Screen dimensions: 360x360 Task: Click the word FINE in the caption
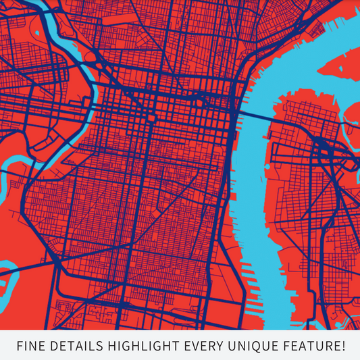(30, 346)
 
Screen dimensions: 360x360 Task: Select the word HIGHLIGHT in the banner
(141, 346)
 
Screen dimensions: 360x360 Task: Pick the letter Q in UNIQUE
(257, 346)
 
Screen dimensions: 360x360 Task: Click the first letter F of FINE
(19, 346)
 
